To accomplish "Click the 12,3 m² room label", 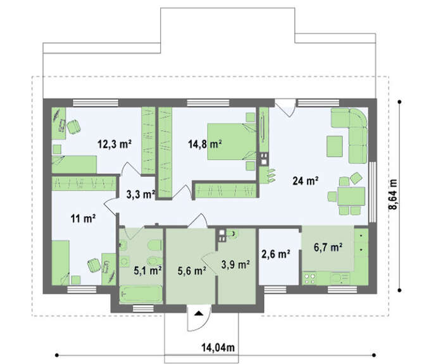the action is click(115, 144).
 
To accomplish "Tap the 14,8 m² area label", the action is click(205, 144).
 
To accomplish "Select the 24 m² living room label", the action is click(306, 181).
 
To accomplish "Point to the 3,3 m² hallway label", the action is click(140, 194).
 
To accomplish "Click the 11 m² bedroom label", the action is click(83, 218).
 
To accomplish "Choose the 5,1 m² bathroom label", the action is click(147, 270).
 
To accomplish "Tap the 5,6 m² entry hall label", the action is click(192, 270).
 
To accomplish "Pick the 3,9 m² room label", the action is click(235, 264).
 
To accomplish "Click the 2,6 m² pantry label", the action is click(276, 254).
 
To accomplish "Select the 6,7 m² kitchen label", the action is click(328, 247).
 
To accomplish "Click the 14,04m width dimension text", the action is click(218, 348).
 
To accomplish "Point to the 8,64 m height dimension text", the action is click(393, 195).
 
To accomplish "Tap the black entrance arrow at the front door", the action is click(199, 313).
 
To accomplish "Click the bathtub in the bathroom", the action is click(141, 294).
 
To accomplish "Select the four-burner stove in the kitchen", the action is click(309, 278).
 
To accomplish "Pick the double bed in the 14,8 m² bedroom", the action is click(232, 142).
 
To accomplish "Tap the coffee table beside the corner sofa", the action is click(335, 146).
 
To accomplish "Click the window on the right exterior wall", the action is click(373, 192).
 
